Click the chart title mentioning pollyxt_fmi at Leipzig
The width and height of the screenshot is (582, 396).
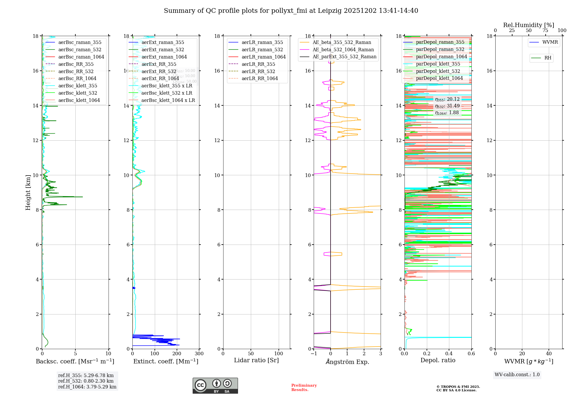291,11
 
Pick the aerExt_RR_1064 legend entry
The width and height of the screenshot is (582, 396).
160,79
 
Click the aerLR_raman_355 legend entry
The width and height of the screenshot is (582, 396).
262,43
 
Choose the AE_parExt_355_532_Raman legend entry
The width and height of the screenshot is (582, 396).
344,57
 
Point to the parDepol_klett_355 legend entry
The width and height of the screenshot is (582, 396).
438,64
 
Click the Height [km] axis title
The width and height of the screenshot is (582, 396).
28,192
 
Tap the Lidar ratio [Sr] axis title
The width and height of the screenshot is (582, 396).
256,360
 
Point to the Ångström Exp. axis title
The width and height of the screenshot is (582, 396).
347,362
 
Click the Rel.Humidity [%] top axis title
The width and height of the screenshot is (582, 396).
528,25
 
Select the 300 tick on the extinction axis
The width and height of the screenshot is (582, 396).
199,354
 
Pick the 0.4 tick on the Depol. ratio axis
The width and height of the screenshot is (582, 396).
449,354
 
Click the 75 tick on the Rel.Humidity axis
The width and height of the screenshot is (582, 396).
545,31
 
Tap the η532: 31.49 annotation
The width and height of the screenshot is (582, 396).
447,106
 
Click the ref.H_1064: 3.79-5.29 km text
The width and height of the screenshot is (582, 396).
87,387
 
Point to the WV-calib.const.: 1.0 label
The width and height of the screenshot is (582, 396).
517,375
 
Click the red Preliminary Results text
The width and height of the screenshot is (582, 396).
304,388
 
